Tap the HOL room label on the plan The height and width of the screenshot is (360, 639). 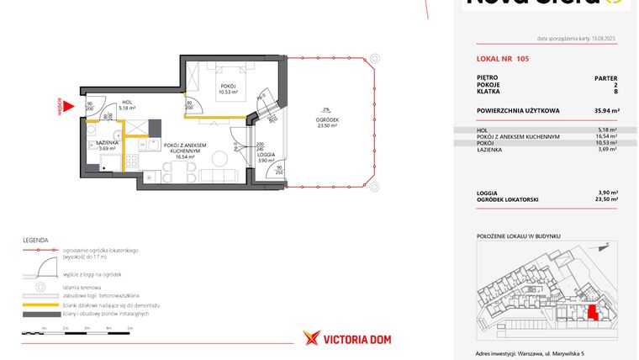point(127,102)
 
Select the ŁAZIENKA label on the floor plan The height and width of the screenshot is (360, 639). point(107,143)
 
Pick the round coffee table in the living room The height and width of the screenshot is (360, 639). point(220,158)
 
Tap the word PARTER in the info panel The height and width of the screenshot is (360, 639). point(606,77)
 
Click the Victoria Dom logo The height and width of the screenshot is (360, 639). point(346,338)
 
